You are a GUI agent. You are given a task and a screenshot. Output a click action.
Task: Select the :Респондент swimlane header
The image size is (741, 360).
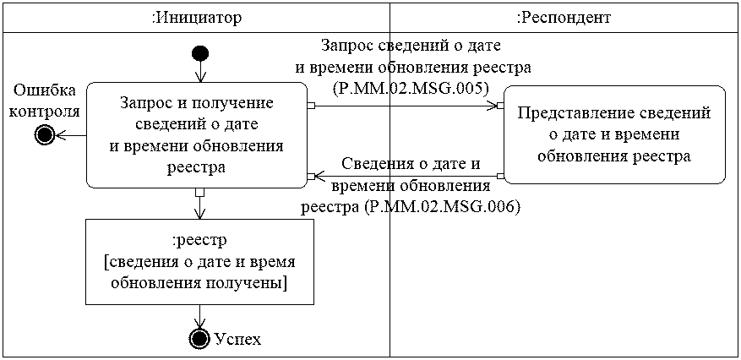(x=563, y=17)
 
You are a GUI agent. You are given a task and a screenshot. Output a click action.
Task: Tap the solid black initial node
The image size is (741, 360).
(x=199, y=54)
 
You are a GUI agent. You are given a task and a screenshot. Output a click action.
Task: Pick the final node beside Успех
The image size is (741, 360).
(x=199, y=339)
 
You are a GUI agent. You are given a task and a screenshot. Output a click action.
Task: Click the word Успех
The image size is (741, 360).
(x=237, y=340)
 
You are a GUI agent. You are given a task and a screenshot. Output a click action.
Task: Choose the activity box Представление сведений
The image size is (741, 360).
(x=614, y=134)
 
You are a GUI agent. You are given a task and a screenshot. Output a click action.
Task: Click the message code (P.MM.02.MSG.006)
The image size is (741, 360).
(x=410, y=206)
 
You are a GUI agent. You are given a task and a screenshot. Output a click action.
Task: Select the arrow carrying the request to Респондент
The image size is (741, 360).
(x=406, y=106)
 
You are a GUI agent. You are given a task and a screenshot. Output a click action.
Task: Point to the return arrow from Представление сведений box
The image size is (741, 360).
(x=406, y=177)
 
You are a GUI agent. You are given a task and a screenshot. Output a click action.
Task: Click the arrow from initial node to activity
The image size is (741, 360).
(x=199, y=73)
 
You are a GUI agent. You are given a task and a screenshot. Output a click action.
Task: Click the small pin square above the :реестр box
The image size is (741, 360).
(x=199, y=192)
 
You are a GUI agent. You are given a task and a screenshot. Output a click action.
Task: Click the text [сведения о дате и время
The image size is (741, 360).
(x=199, y=262)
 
